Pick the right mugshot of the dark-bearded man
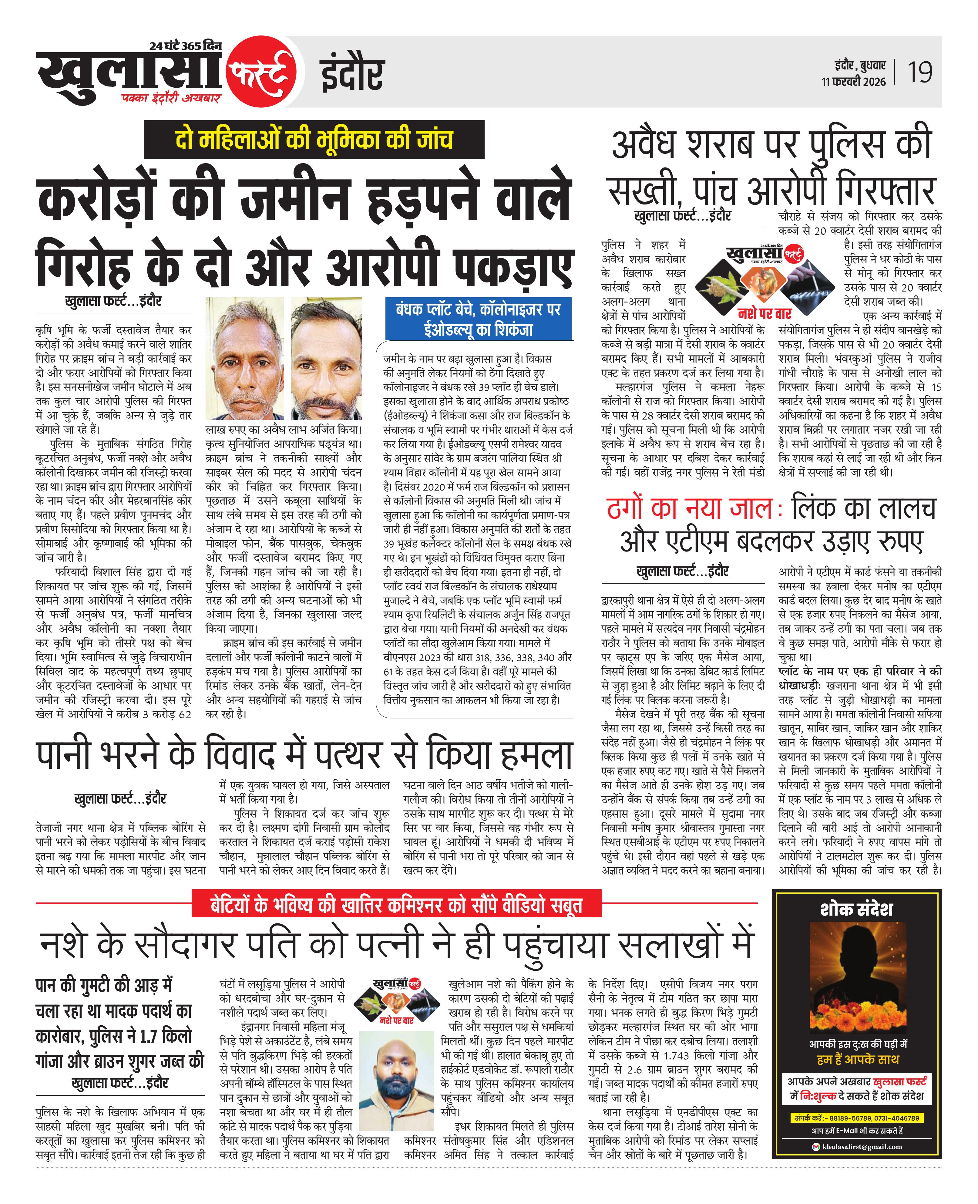click(326, 358)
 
